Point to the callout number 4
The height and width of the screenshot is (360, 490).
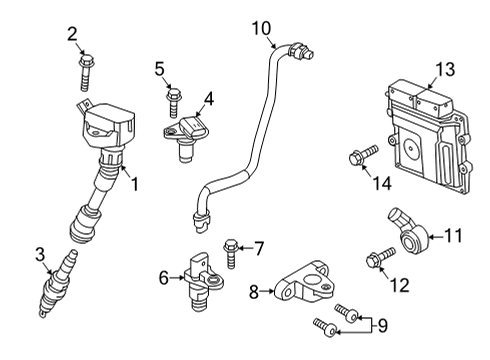point(209,98)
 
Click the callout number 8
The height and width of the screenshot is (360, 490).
point(254,292)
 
